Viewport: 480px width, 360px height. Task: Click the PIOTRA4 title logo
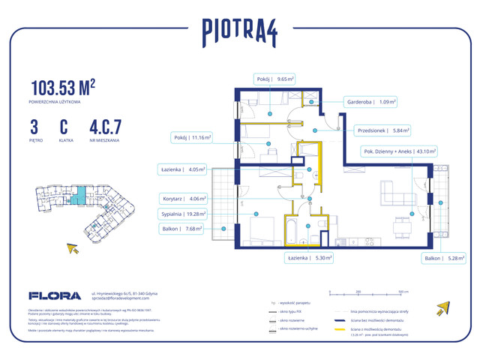tap(239, 31)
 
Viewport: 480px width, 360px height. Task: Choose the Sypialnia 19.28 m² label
tap(181, 214)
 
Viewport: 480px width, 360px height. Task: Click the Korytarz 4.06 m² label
tap(181, 199)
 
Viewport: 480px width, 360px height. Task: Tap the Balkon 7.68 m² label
tap(181, 229)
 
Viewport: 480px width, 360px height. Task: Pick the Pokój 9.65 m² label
tap(273, 77)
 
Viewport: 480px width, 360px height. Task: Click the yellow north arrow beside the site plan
tap(73, 247)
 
